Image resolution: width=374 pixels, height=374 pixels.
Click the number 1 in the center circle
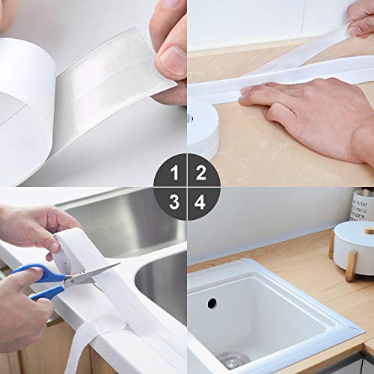pyautogui.click(x=175, y=173)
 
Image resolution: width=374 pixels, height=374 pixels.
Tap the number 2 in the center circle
pyautogui.click(x=201, y=173)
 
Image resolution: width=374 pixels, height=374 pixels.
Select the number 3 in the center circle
pyautogui.click(x=174, y=202)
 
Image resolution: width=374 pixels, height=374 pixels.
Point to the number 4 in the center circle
pyautogui.click(x=200, y=202)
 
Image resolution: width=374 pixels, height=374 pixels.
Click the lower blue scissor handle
pyautogui.click(x=47, y=292)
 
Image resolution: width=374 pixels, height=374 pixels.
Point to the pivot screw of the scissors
pyautogui.click(x=73, y=281)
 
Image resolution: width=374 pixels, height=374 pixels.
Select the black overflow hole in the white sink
pyautogui.click(x=212, y=303)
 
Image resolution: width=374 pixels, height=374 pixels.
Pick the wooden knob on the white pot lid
pyautogui.click(x=370, y=230)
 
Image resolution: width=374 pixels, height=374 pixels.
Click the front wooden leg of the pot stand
pyautogui.click(x=352, y=266)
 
